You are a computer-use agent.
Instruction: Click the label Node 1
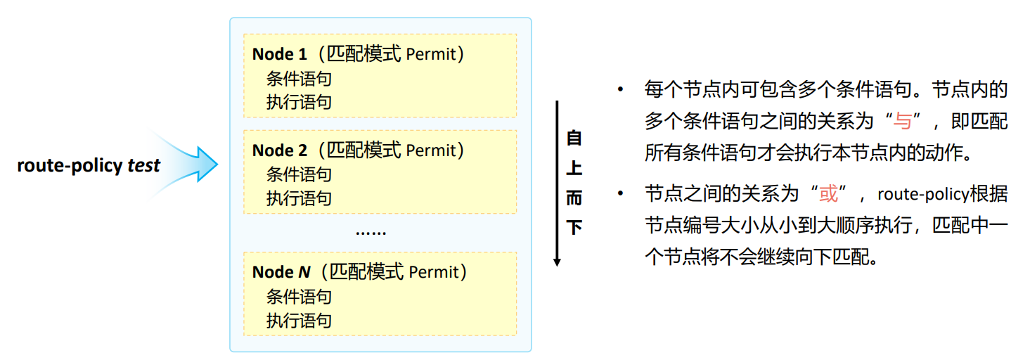pyautogui.click(x=280, y=54)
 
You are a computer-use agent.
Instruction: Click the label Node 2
pyautogui.click(x=280, y=150)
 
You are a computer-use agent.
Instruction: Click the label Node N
pyautogui.click(x=281, y=272)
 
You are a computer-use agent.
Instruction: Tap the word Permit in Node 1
pyautogui.click(x=430, y=54)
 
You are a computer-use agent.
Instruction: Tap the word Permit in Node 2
pyautogui.click(x=430, y=150)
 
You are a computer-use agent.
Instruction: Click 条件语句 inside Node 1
pyautogui.click(x=299, y=79)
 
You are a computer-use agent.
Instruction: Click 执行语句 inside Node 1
pyautogui.click(x=299, y=102)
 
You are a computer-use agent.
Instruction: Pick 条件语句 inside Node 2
pyautogui.click(x=299, y=174)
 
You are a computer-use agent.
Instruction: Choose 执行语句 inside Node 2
pyautogui.click(x=299, y=198)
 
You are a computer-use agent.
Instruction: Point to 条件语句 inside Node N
pyautogui.click(x=299, y=297)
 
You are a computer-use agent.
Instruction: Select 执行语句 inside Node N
pyautogui.click(x=299, y=321)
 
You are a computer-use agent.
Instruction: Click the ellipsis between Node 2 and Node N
pyautogui.click(x=371, y=232)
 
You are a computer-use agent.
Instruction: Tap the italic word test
pyautogui.click(x=144, y=167)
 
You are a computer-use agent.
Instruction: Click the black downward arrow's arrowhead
pyautogui.click(x=557, y=262)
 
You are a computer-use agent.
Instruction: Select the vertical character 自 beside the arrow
pyautogui.click(x=574, y=138)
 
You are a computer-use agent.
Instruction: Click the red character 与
pyautogui.click(x=902, y=122)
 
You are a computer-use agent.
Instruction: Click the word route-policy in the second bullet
pyautogui.click(x=922, y=194)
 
